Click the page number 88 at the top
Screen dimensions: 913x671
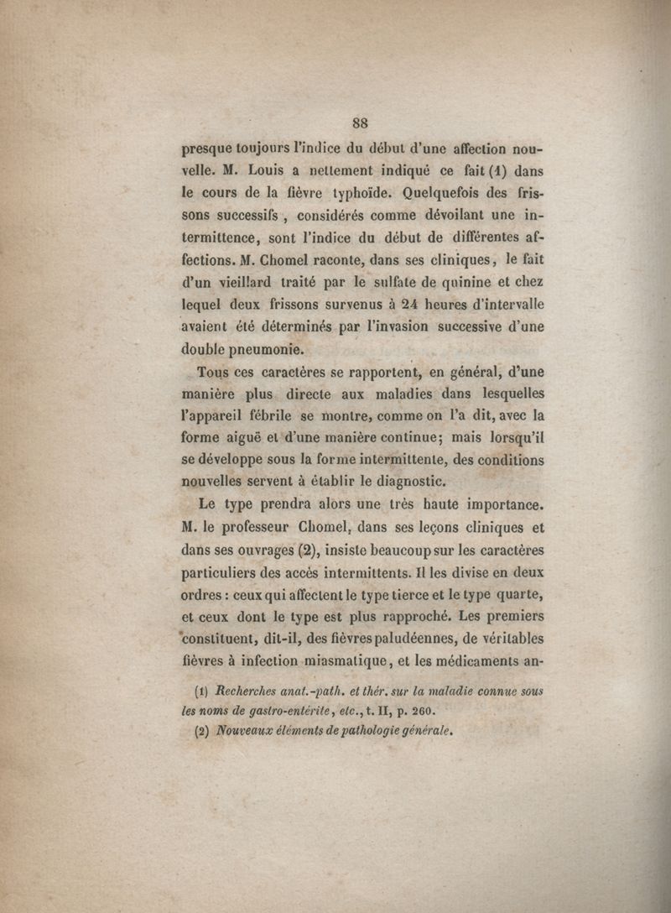tap(360, 123)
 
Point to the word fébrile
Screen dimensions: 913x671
tap(268, 415)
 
